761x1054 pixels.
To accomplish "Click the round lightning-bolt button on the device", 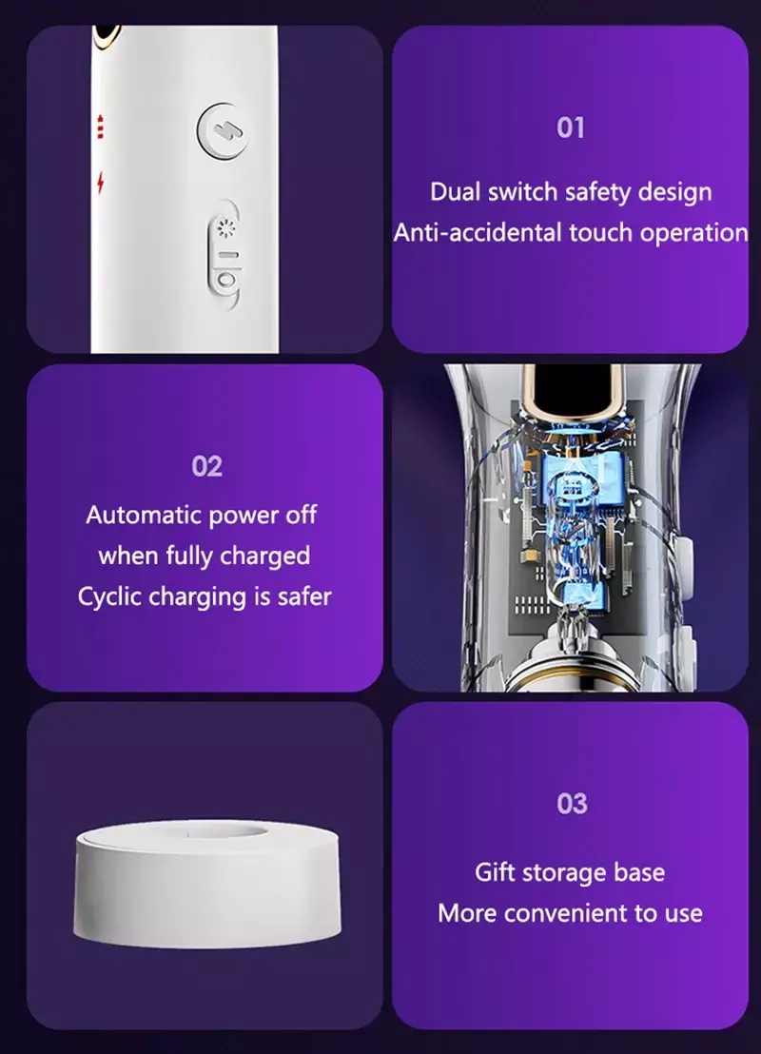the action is pyautogui.click(x=223, y=131).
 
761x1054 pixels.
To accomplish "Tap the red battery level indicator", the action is pyautogui.click(x=101, y=127).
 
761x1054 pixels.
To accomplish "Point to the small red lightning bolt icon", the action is pyautogui.click(x=101, y=182).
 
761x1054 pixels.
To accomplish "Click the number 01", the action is pyautogui.click(x=571, y=127).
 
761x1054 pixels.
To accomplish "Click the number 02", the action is pyautogui.click(x=206, y=466).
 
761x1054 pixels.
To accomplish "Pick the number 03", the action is pyautogui.click(x=572, y=804).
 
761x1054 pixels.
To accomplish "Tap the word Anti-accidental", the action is pyautogui.click(x=478, y=232).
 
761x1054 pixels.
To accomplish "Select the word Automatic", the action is pyautogui.click(x=144, y=515).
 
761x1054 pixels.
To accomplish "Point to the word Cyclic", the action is pyautogui.click(x=109, y=596).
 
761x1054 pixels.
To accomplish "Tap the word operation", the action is pyautogui.click(x=693, y=233).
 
